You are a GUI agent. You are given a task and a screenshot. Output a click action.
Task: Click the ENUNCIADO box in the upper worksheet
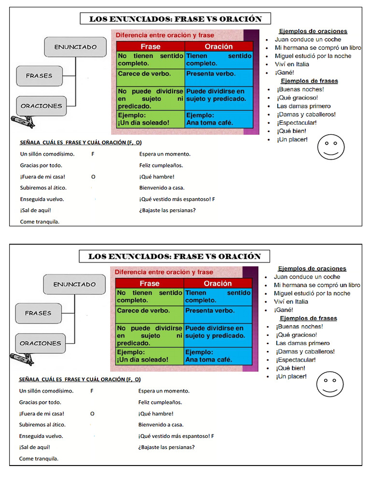tap(75, 47)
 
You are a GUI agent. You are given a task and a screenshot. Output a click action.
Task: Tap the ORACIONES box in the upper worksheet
tap(41, 106)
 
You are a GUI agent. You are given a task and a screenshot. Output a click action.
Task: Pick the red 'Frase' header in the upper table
tap(150, 47)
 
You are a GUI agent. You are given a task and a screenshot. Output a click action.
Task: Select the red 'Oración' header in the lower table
tap(218, 284)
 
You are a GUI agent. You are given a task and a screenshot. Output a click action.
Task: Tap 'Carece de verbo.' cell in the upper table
tap(144, 74)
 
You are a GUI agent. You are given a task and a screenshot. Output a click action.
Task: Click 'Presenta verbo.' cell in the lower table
tap(211, 311)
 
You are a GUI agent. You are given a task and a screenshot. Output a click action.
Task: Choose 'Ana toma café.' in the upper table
tap(210, 123)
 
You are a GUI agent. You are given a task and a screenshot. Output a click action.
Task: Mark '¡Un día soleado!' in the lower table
tap(143, 360)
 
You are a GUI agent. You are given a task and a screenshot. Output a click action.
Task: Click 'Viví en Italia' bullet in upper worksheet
tap(292, 64)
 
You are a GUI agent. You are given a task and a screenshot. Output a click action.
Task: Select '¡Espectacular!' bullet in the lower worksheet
tap(296, 360)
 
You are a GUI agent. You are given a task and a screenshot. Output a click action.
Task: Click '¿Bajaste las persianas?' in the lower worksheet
tap(167, 447)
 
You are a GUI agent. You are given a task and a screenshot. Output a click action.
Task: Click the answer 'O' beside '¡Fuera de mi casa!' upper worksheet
tap(93, 177)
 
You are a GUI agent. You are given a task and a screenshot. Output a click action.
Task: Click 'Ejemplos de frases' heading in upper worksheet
tap(309, 81)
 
